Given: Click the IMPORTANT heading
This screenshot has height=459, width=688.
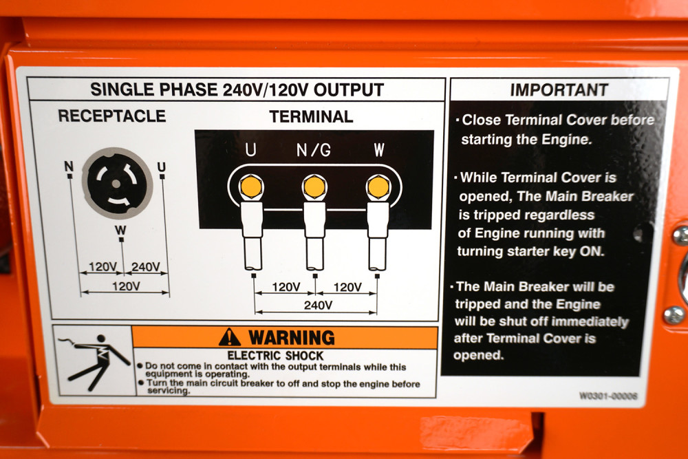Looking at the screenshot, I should pyautogui.click(x=559, y=90).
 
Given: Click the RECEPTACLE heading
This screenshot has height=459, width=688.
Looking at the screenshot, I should pyautogui.click(x=112, y=116).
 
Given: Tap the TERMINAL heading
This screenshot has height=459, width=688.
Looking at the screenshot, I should pyautogui.click(x=311, y=116).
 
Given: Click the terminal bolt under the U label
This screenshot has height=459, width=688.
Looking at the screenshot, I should pyautogui.click(x=251, y=186).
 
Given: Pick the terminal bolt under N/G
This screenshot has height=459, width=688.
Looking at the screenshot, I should pyautogui.click(x=314, y=186).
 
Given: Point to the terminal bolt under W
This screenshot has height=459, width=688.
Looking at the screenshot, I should pyautogui.click(x=378, y=186).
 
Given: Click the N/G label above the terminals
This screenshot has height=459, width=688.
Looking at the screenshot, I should pyautogui.click(x=314, y=150).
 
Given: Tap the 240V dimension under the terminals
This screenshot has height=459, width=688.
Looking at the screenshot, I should pyautogui.click(x=318, y=304).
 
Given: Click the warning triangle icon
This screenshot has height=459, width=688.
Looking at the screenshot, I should pyautogui.click(x=230, y=337).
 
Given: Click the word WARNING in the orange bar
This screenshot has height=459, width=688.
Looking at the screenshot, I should pyautogui.click(x=291, y=338).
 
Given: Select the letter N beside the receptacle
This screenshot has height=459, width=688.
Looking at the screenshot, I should pyautogui.click(x=68, y=167).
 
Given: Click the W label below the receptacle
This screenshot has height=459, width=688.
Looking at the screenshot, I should pyautogui.click(x=121, y=230).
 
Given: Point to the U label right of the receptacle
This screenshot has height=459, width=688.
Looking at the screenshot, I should pyautogui.click(x=162, y=167).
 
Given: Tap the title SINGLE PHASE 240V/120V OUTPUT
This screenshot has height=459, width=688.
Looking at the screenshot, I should pyautogui.click(x=237, y=89).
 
